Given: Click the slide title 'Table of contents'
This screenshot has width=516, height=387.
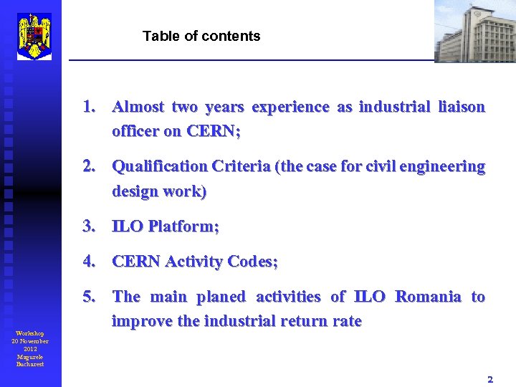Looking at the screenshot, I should tap(201, 36).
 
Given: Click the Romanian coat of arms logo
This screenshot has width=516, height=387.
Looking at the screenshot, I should tap(34, 36).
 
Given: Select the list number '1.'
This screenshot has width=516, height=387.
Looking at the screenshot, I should tap(90, 107).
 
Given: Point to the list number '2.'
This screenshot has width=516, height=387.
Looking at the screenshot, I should tap(90, 167).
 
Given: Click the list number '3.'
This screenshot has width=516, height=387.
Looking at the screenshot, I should tap(90, 226).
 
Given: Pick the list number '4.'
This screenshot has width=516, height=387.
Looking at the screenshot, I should tap(90, 262).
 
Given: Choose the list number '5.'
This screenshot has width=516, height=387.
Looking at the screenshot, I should tap(90, 297).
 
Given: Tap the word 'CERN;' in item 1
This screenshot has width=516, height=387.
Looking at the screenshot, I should tap(214, 132).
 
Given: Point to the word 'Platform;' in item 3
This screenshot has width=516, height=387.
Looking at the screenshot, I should tap(183, 226).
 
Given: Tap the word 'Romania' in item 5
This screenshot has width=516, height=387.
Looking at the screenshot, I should tap(428, 297).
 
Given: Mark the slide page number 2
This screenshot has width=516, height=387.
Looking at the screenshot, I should tap(490, 378).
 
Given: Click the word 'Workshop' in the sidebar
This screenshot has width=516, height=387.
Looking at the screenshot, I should tap(30, 333).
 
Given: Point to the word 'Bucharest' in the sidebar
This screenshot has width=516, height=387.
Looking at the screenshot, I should tap(30, 364).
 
